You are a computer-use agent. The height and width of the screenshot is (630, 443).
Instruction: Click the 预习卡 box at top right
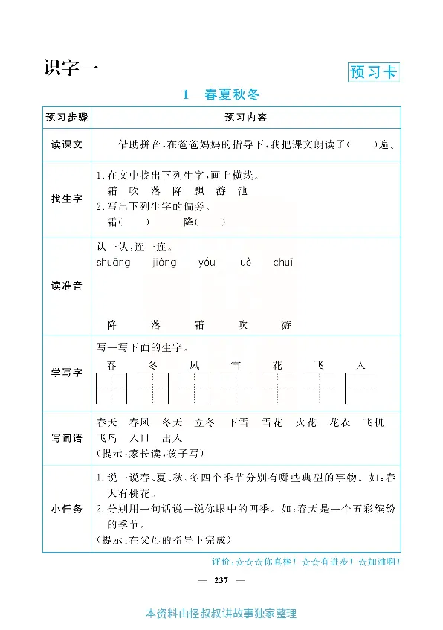[x=373, y=72]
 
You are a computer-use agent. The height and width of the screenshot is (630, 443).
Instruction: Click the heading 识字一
[x=71, y=67]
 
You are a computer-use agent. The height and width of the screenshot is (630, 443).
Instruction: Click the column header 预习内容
[x=246, y=118]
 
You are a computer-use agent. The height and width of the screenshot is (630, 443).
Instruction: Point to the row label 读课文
[x=66, y=144]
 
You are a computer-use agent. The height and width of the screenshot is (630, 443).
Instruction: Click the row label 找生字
[x=66, y=199]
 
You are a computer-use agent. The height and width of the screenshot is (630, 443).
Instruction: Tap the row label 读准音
[x=66, y=286]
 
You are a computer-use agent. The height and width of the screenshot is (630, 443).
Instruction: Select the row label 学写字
[x=66, y=372]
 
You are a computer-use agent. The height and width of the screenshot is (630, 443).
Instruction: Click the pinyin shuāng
[x=113, y=263]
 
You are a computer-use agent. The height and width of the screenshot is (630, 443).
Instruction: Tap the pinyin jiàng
[x=164, y=263]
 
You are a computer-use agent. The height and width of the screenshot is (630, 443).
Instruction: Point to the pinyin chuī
[x=283, y=263]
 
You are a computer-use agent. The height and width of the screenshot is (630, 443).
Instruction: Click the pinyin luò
[x=245, y=263]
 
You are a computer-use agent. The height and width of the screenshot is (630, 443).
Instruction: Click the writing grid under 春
[x=111, y=388]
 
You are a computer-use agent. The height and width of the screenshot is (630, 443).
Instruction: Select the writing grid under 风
[x=195, y=388]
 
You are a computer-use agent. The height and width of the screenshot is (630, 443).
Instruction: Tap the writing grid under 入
[x=360, y=388]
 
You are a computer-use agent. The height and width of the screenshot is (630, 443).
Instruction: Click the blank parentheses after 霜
[x=134, y=222]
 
